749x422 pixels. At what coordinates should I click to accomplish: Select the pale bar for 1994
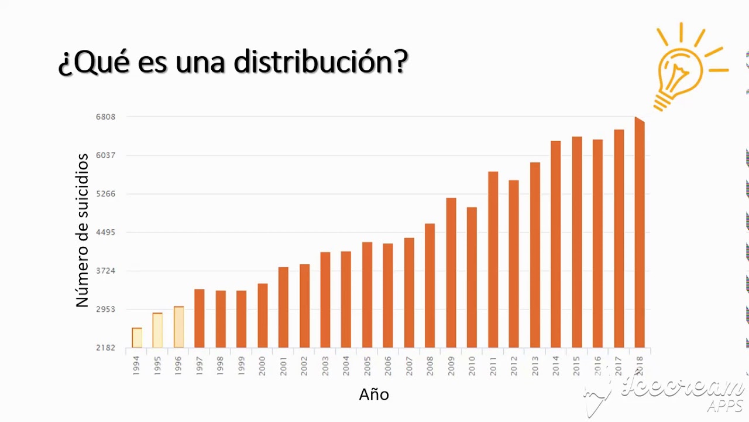(x=137, y=338)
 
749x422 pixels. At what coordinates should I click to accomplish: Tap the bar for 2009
(x=451, y=273)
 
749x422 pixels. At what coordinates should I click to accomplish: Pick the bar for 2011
(x=493, y=259)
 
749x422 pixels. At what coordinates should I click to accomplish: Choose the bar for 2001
(x=283, y=307)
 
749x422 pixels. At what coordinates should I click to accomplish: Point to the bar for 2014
(x=555, y=244)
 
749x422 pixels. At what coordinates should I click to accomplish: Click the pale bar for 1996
(x=178, y=327)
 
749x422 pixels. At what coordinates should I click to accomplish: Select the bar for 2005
(x=367, y=294)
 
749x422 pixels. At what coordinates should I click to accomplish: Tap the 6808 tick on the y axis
(x=106, y=117)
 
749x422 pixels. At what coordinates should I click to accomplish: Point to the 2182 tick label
(x=106, y=348)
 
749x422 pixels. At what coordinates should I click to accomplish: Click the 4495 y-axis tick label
(x=106, y=232)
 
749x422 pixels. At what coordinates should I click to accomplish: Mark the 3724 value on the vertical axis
(x=106, y=271)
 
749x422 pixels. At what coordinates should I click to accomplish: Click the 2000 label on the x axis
(x=262, y=365)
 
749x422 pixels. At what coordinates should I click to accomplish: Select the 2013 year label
(x=535, y=365)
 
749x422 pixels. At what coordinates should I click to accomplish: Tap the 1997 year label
(x=200, y=365)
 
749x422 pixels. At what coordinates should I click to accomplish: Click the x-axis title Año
(x=374, y=394)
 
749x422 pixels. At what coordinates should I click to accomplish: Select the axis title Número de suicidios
(x=82, y=230)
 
